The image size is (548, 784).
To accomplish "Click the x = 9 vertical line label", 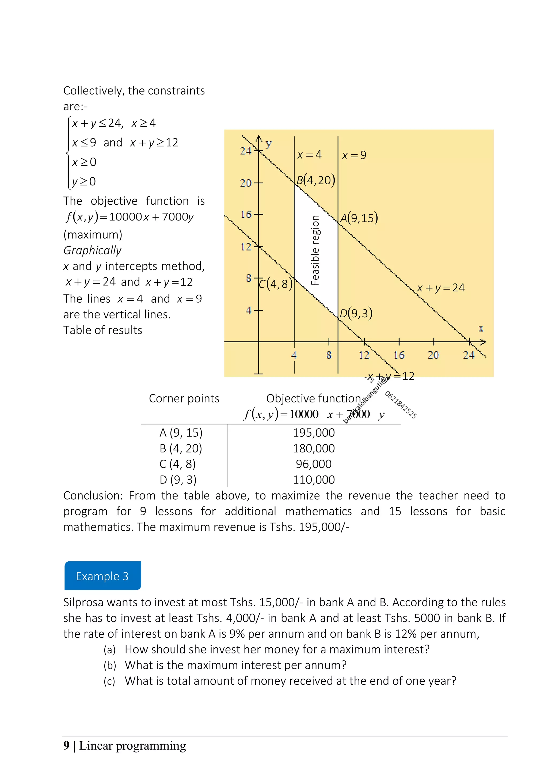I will tap(354, 155).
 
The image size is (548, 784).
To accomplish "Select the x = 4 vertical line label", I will tap(309, 155).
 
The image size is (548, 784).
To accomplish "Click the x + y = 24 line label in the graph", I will tap(440, 288).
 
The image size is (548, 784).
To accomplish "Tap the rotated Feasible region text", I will tap(315, 250).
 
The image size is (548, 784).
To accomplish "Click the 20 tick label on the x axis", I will tap(433, 355).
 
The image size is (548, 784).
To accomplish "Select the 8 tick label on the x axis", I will tap(329, 355).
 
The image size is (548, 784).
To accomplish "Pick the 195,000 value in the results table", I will tap(313, 433).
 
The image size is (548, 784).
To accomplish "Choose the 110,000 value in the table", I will tap(313, 480).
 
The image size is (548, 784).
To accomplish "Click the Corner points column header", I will tap(184, 398).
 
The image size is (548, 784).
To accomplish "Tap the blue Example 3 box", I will tap(102, 576).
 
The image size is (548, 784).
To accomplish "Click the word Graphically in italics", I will tap(92, 250).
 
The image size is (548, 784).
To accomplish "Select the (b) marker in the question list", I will tap(110, 665).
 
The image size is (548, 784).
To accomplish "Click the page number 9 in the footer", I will tap(66, 745).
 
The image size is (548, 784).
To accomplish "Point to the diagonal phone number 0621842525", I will tap(401, 405).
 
